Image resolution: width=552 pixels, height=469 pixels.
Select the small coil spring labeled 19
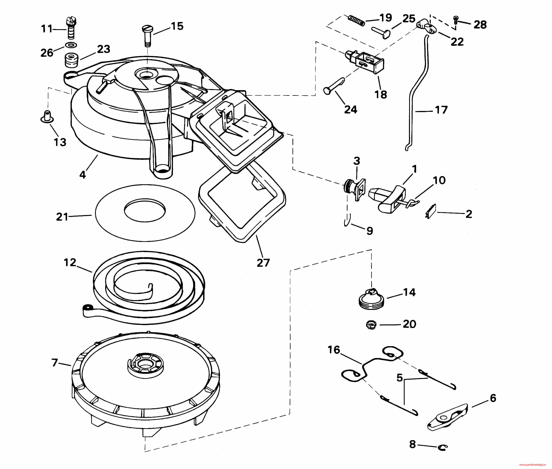click(356, 20)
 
